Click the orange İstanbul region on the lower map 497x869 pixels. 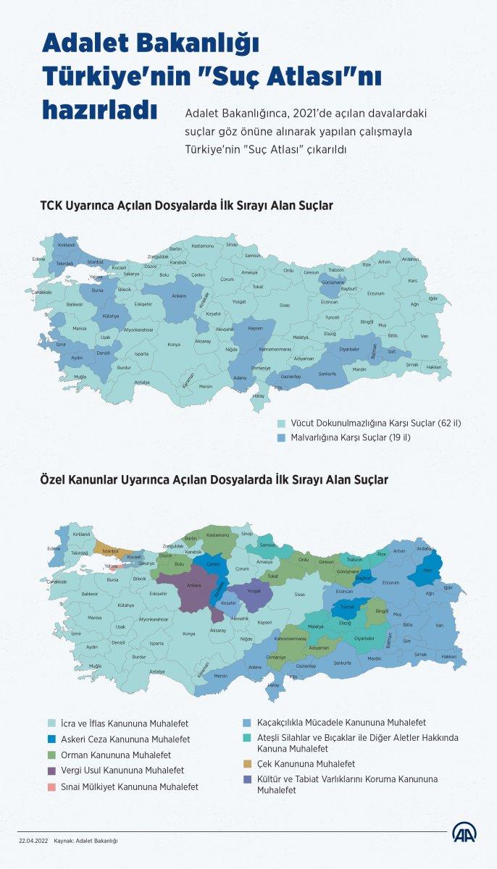point(111,550)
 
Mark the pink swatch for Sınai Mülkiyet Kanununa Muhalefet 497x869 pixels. point(52,786)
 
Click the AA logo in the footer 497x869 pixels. point(464,834)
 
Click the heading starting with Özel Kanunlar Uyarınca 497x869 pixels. point(214,479)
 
